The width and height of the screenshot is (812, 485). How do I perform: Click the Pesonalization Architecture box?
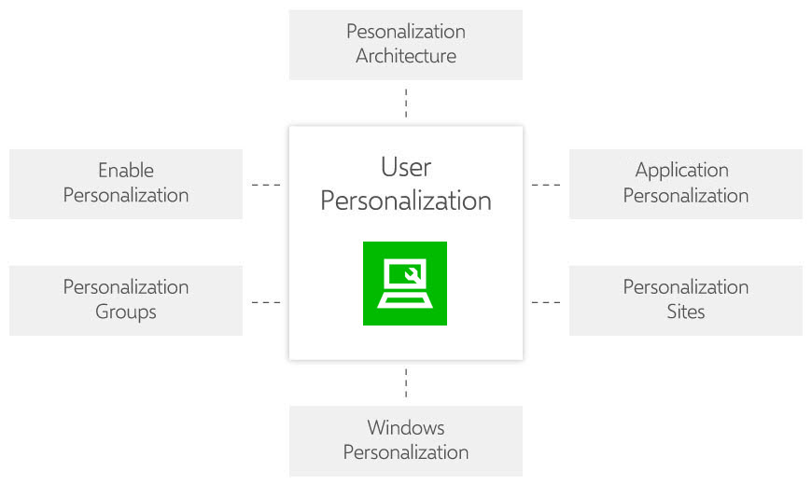point(405,44)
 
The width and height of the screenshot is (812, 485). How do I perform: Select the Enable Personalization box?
point(125,184)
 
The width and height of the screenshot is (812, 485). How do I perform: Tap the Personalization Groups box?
point(125,300)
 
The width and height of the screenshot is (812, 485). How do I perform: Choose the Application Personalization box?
point(685,184)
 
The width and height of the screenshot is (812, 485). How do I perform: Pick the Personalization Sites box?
point(685,300)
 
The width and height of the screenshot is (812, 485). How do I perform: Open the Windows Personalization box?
point(405,440)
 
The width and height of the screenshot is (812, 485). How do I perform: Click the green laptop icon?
point(405,284)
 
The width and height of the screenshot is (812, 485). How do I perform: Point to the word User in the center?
point(406,168)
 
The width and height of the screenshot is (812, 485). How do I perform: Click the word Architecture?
point(406,56)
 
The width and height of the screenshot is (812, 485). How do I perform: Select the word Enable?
point(126,171)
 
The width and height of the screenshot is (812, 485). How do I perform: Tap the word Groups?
point(126,312)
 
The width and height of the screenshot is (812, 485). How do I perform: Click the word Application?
point(682,171)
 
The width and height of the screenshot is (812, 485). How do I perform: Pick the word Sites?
point(686,312)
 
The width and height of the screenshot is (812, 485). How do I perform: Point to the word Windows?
point(406,428)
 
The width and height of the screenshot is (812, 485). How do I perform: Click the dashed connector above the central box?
point(406,103)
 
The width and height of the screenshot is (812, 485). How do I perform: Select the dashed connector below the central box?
point(406,382)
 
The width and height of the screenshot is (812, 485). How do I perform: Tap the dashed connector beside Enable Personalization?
point(266,185)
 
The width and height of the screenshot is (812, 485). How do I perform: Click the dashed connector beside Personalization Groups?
point(266,302)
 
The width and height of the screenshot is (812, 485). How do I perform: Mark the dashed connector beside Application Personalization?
point(546,185)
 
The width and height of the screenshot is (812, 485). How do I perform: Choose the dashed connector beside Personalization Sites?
point(546,302)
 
